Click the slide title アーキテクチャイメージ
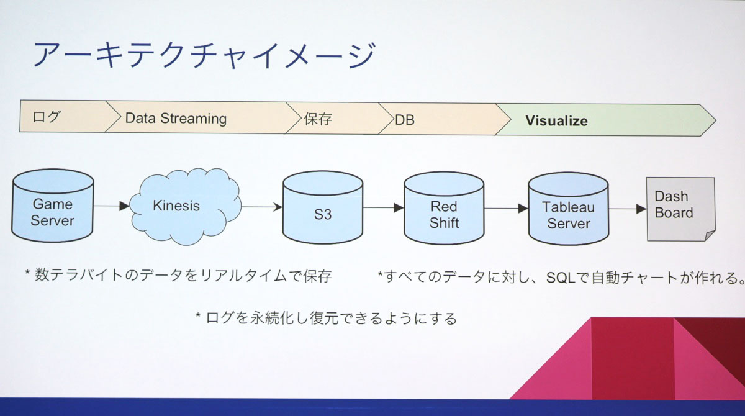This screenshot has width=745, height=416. coord(204,55)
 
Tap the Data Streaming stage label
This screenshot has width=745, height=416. coord(176,118)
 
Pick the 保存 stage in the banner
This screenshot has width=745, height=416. coord(318,119)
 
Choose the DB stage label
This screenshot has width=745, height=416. coord(405,120)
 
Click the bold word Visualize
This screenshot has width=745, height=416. coord(556,120)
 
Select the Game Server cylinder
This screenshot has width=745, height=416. coord(53,207)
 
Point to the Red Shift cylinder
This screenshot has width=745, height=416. coord(444,210)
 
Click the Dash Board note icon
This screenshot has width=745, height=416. coord(679,208)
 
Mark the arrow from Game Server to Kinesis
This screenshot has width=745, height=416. coord(112,206)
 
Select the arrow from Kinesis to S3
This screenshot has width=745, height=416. coord(261,207)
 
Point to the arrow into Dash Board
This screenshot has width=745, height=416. coord(627,209)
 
